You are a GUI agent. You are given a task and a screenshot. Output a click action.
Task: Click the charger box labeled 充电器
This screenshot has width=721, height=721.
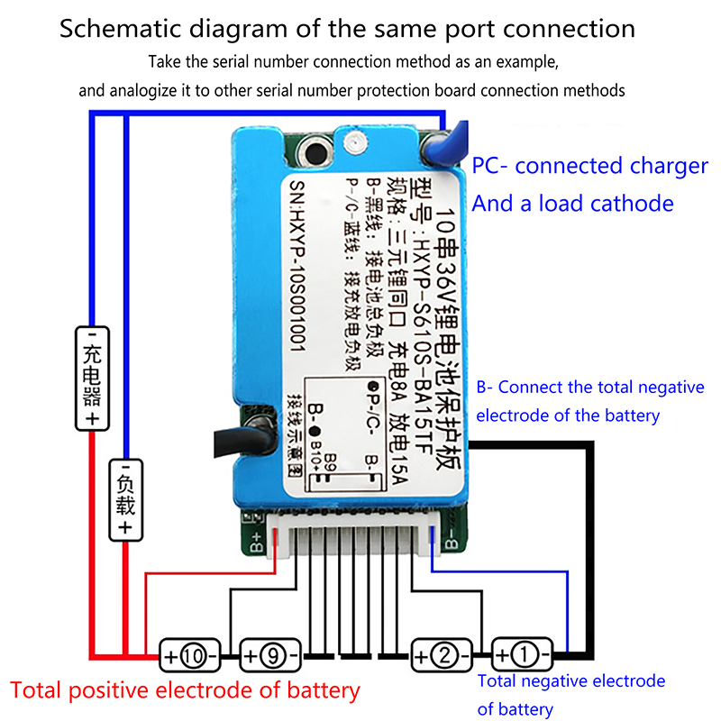click(x=91, y=379)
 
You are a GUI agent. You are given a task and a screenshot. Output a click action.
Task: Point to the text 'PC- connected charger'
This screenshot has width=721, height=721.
click(x=590, y=166)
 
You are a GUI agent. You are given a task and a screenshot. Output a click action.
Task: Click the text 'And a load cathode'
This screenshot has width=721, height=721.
click(x=572, y=204)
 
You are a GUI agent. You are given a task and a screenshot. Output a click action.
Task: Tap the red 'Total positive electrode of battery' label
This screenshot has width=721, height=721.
click(x=185, y=691)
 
